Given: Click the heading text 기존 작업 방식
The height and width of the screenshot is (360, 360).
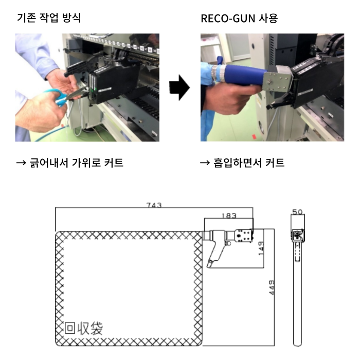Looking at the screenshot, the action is pos(49,18).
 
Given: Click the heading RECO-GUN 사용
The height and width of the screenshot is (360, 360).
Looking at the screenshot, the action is pos(239,19).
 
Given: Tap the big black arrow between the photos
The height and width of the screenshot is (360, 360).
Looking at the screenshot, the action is pos(179,87).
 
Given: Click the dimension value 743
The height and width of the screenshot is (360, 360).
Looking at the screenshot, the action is pos(154,205).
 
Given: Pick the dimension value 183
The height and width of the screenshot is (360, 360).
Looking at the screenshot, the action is pos(229,215).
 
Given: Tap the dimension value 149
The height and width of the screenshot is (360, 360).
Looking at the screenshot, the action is pos(261,248).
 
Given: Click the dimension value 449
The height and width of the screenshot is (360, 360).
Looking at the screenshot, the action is pos(272,287).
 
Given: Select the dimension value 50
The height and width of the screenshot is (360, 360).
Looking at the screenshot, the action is pos(298,212).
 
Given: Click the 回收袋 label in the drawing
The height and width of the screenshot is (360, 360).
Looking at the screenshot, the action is pos(83,328).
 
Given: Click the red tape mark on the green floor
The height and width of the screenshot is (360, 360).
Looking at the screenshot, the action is pos(254,137).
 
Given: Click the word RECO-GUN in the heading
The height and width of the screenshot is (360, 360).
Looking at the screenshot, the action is pos(228,19).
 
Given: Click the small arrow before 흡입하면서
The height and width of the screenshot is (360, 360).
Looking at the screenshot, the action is pos(205,163).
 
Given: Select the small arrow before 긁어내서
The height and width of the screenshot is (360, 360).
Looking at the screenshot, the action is pos(22,163).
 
